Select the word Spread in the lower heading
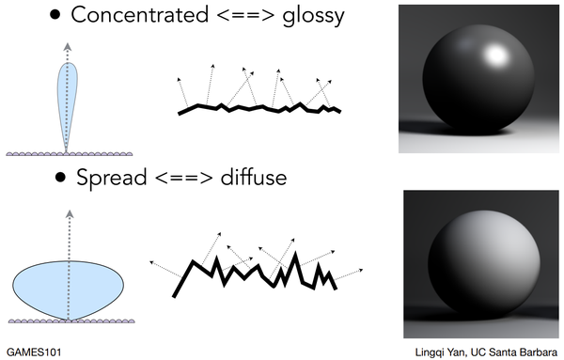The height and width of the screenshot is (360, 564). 111,177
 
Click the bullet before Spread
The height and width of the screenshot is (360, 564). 60,178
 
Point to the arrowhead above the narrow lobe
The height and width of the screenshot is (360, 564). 67,44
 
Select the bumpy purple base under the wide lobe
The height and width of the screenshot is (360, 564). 67,321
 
